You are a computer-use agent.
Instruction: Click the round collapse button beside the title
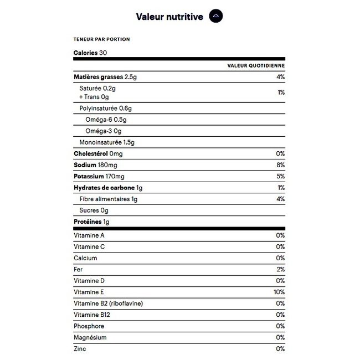(215, 16)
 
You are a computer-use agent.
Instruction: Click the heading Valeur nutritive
(169, 16)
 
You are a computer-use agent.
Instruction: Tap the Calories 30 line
(90, 53)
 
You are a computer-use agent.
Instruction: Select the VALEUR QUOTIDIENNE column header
(256, 65)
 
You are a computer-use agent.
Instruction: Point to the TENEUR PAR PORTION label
(101, 39)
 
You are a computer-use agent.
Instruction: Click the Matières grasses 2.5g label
(105, 76)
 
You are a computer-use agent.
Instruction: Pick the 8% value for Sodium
(280, 165)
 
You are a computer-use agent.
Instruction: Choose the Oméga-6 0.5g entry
(106, 120)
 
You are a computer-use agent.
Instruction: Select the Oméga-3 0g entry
(104, 131)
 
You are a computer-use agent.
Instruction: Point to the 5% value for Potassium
(280, 176)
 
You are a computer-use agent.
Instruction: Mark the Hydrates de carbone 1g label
(108, 188)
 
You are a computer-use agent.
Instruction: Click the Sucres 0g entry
(94, 210)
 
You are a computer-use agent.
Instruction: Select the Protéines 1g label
(91, 222)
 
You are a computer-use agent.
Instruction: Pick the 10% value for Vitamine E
(279, 292)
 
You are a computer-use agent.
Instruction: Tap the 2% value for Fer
(280, 269)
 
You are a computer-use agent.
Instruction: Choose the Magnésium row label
(90, 337)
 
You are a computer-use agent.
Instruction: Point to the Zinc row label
(80, 349)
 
